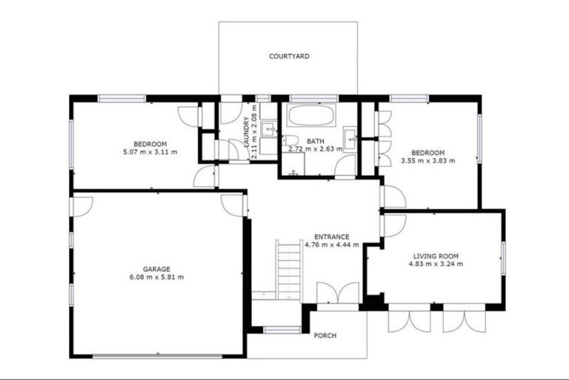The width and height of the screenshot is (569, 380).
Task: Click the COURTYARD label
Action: pos(289,56)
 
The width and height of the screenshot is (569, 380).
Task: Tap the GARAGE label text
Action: pos(156,269)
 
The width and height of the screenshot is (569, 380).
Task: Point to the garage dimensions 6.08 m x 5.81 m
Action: pos(156,278)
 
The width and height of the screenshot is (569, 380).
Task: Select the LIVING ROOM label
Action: pos(437,255)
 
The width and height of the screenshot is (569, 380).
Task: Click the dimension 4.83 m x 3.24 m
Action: pos(437,263)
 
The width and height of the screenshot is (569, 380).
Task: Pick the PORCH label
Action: pos(325,335)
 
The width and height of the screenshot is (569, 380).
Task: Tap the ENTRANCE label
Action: pos(331,237)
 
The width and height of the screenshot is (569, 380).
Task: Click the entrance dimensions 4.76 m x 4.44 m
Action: pos(331,245)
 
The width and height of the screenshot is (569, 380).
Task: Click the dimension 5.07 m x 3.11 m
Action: pos(150,152)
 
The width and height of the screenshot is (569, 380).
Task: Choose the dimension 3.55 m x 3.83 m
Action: pos(427,160)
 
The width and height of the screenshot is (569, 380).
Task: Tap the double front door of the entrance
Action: pos(337,294)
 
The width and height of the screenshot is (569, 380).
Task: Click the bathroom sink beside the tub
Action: pos(350,137)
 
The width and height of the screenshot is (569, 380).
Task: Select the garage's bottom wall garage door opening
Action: pos(157,357)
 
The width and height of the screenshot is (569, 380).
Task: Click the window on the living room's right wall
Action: pos(503,256)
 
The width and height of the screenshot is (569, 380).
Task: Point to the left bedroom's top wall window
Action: pos(122,98)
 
